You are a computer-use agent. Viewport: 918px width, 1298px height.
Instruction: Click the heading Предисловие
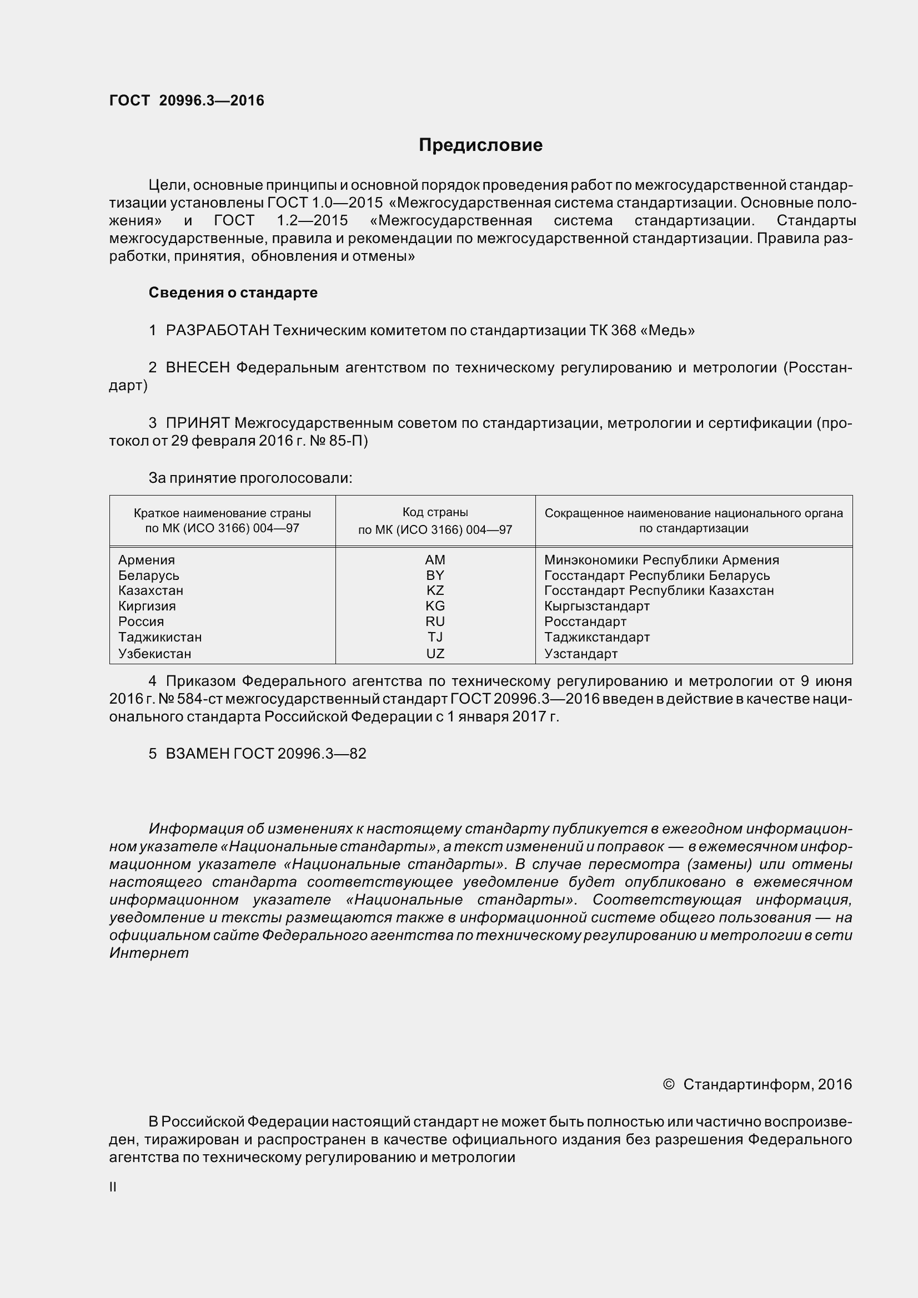click(x=480, y=145)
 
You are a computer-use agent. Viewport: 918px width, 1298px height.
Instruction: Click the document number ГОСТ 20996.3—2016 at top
click(x=187, y=100)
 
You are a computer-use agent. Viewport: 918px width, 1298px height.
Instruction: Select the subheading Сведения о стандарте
click(x=233, y=292)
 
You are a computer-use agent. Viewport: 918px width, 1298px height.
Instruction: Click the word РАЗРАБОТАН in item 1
click(x=217, y=330)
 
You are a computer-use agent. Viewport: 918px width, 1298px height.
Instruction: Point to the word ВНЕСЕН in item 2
click(x=198, y=367)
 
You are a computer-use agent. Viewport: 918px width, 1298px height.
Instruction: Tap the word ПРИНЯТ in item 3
click(x=198, y=423)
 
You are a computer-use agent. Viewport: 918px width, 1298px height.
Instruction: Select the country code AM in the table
click(x=435, y=560)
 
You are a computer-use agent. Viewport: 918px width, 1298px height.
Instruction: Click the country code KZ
click(x=435, y=590)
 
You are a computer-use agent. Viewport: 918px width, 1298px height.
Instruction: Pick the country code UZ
click(x=435, y=654)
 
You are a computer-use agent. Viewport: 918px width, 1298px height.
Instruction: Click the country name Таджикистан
click(x=160, y=637)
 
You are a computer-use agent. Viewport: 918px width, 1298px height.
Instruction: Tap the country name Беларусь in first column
click(x=149, y=575)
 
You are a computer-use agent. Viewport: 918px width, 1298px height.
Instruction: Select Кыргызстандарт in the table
click(x=597, y=606)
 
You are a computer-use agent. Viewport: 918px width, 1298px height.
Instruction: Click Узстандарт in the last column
click(x=581, y=654)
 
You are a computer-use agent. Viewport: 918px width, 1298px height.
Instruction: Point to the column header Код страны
click(x=435, y=512)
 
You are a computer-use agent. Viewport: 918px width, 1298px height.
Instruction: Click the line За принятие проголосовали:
click(x=250, y=478)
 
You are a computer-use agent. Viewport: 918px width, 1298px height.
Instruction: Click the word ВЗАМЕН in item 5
click(x=197, y=754)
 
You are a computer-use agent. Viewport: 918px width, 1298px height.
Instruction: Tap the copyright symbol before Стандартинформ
click(x=668, y=1084)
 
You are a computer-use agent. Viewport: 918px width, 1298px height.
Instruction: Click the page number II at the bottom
click(x=113, y=1187)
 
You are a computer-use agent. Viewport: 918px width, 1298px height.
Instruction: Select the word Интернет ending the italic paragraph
click(x=149, y=953)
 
